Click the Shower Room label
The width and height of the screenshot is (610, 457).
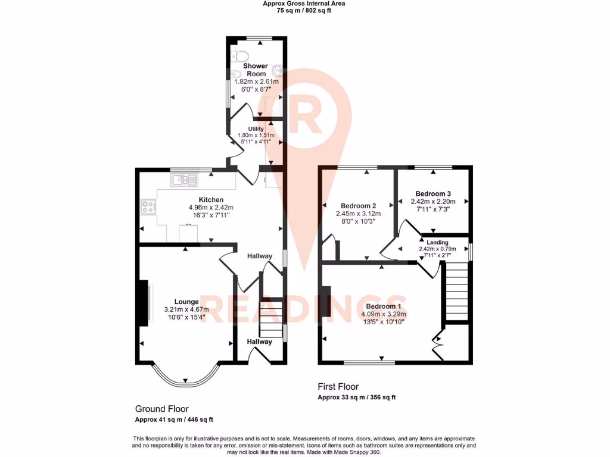[x=255, y=70]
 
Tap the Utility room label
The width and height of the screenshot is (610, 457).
[x=256, y=129]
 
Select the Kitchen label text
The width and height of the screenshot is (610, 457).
[x=211, y=199]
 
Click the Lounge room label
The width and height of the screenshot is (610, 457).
[x=186, y=302]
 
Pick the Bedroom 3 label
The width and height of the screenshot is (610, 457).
[x=433, y=194]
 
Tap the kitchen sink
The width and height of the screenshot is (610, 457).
[x=183, y=179]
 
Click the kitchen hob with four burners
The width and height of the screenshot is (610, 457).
[x=148, y=207]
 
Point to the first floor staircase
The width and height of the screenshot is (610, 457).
[x=457, y=292]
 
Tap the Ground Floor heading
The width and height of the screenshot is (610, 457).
[x=161, y=409]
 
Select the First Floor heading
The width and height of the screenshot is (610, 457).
[x=338, y=387]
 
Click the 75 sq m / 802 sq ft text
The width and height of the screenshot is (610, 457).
[x=304, y=10]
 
